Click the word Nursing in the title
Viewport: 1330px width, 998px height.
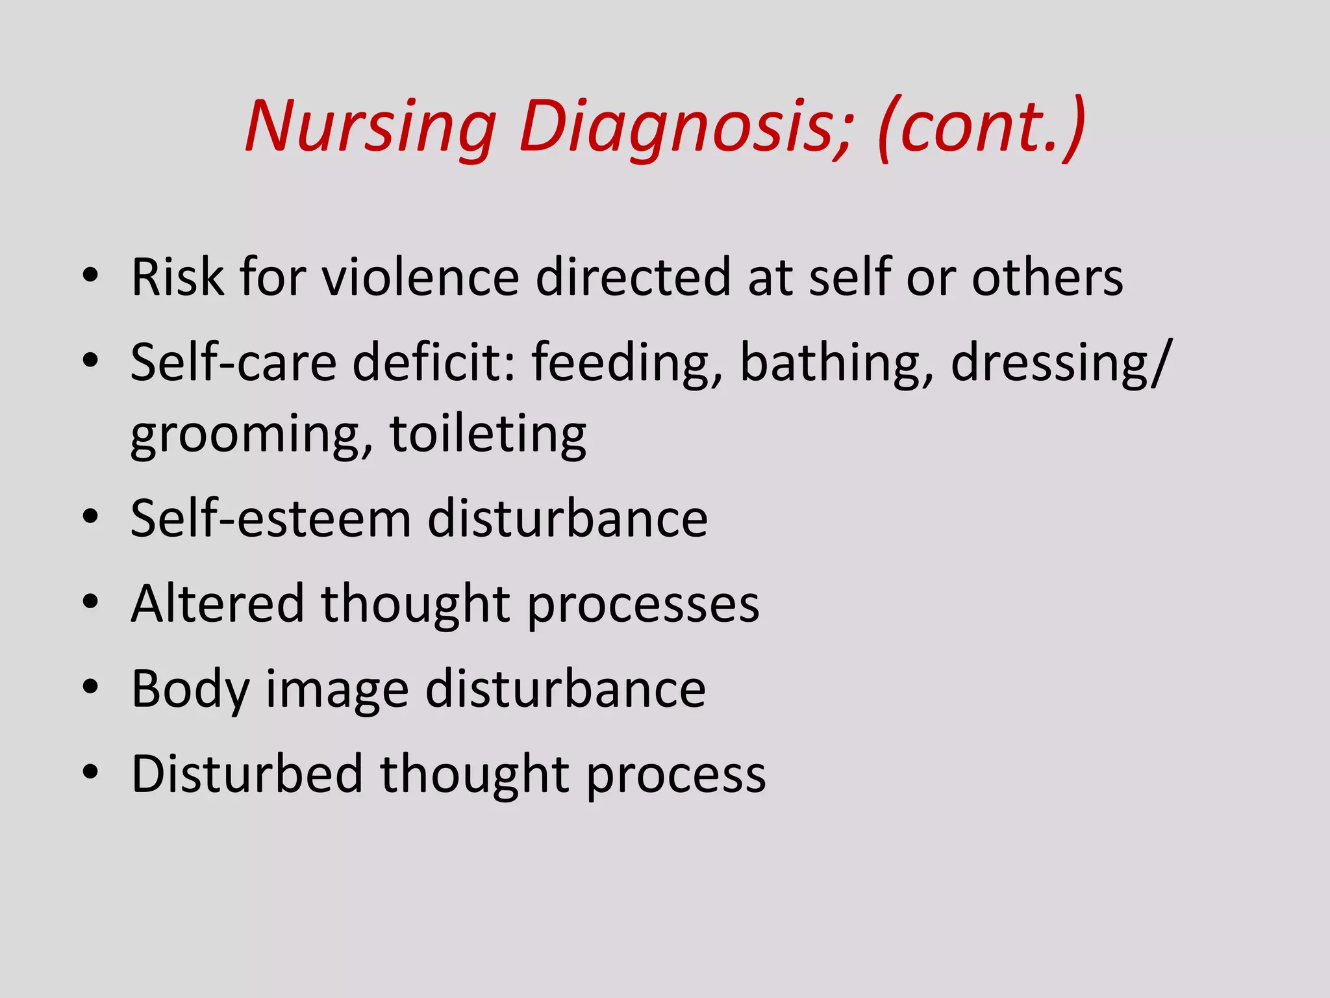[x=371, y=127]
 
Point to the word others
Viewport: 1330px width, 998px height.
[x=1047, y=277]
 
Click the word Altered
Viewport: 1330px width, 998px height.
[x=218, y=604]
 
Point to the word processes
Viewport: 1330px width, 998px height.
[x=643, y=605]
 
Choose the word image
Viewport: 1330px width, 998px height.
[x=337, y=690]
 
